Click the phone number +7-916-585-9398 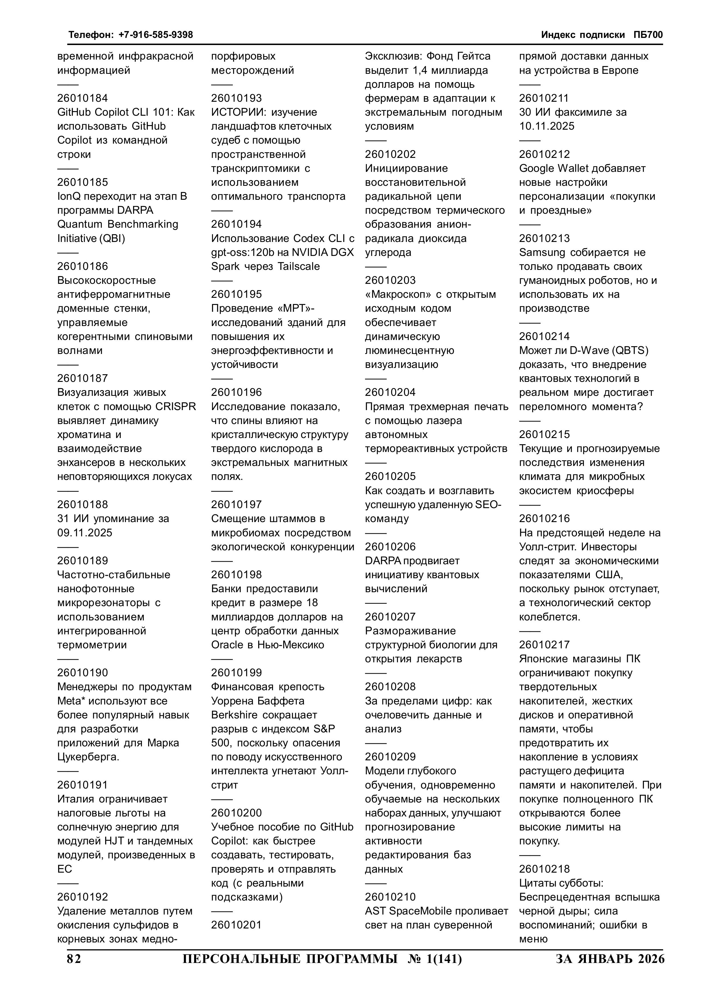pyautogui.click(x=156, y=35)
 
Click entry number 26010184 pyautogui.click(x=82, y=98)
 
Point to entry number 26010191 pyautogui.click(x=82, y=785)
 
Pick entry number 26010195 pyautogui.click(x=237, y=294)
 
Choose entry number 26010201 pyautogui.click(x=237, y=925)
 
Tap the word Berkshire pyautogui.click(x=233, y=715)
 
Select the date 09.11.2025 pyautogui.click(x=85, y=533)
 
